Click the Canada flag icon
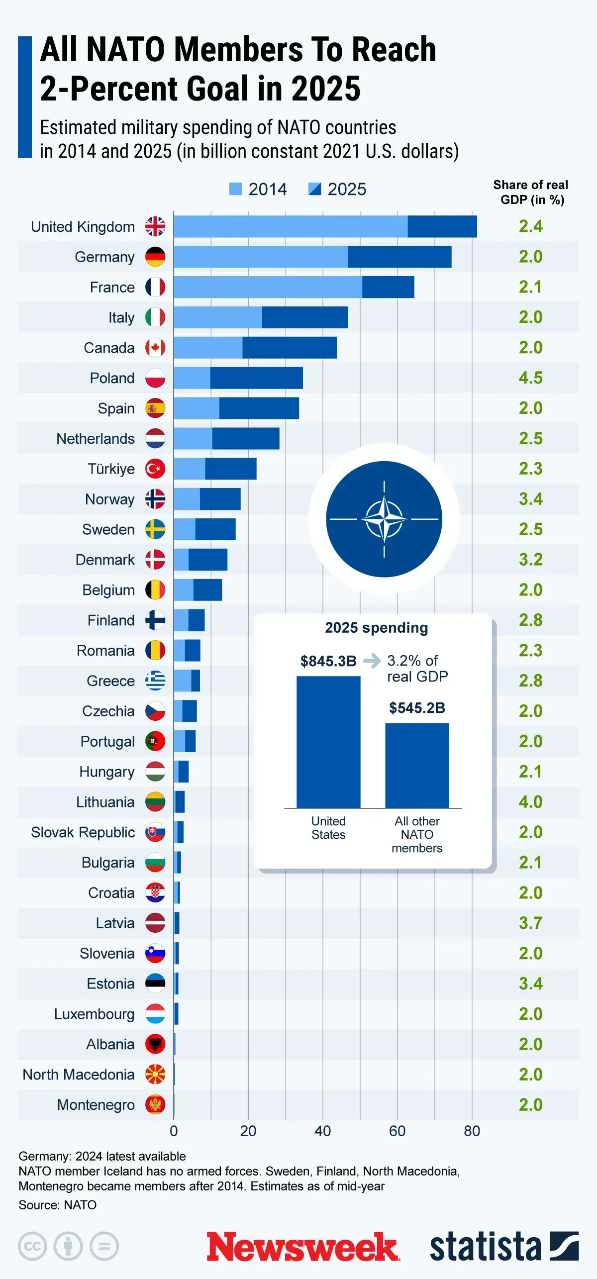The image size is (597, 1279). pyautogui.click(x=155, y=348)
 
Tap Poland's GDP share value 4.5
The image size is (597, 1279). pyautogui.click(x=530, y=378)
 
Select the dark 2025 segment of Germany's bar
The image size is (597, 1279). pyautogui.click(x=399, y=257)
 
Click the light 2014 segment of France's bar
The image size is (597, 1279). pyautogui.click(x=268, y=287)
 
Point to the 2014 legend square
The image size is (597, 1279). pyautogui.click(x=235, y=189)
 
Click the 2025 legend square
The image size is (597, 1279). pyautogui.click(x=314, y=189)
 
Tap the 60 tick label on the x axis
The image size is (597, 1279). pyautogui.click(x=397, y=1131)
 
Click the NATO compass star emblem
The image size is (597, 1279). pyautogui.click(x=384, y=519)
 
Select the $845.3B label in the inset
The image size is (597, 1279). pyautogui.click(x=328, y=661)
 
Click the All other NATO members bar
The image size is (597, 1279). pyautogui.click(x=417, y=765)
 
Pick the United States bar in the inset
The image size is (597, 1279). pyautogui.click(x=328, y=741)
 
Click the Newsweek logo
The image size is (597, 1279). pyautogui.click(x=302, y=1247)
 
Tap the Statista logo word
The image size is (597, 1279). pyautogui.click(x=485, y=1247)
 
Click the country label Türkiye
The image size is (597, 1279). pyautogui.click(x=111, y=469)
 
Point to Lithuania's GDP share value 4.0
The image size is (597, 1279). pyautogui.click(x=530, y=802)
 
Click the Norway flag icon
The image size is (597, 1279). pyautogui.click(x=155, y=499)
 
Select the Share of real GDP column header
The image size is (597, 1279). pyautogui.click(x=531, y=192)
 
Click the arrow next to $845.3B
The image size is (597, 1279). pyautogui.click(x=372, y=661)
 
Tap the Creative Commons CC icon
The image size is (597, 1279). pyautogui.click(x=32, y=1246)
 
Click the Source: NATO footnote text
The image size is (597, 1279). pyautogui.click(x=58, y=1205)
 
